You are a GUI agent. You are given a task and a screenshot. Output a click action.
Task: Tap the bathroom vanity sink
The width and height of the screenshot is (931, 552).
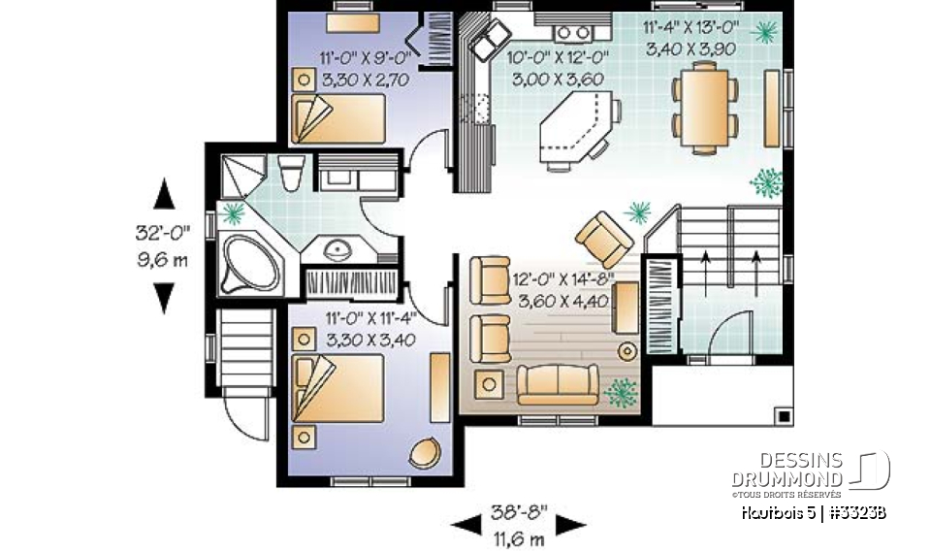(337, 252)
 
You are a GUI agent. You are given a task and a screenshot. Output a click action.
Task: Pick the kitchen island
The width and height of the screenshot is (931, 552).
(572, 124)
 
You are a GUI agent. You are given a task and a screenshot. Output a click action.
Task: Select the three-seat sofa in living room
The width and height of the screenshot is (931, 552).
(557, 384)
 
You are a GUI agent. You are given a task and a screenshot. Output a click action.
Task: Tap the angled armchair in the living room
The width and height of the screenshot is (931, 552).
(604, 238)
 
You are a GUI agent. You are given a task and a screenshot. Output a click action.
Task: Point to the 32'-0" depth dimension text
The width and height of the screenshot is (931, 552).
(163, 233)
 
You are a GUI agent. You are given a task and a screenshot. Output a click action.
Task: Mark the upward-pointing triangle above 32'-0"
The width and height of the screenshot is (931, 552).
(164, 194)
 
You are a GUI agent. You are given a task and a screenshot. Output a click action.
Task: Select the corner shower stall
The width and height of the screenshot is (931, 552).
(239, 176)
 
